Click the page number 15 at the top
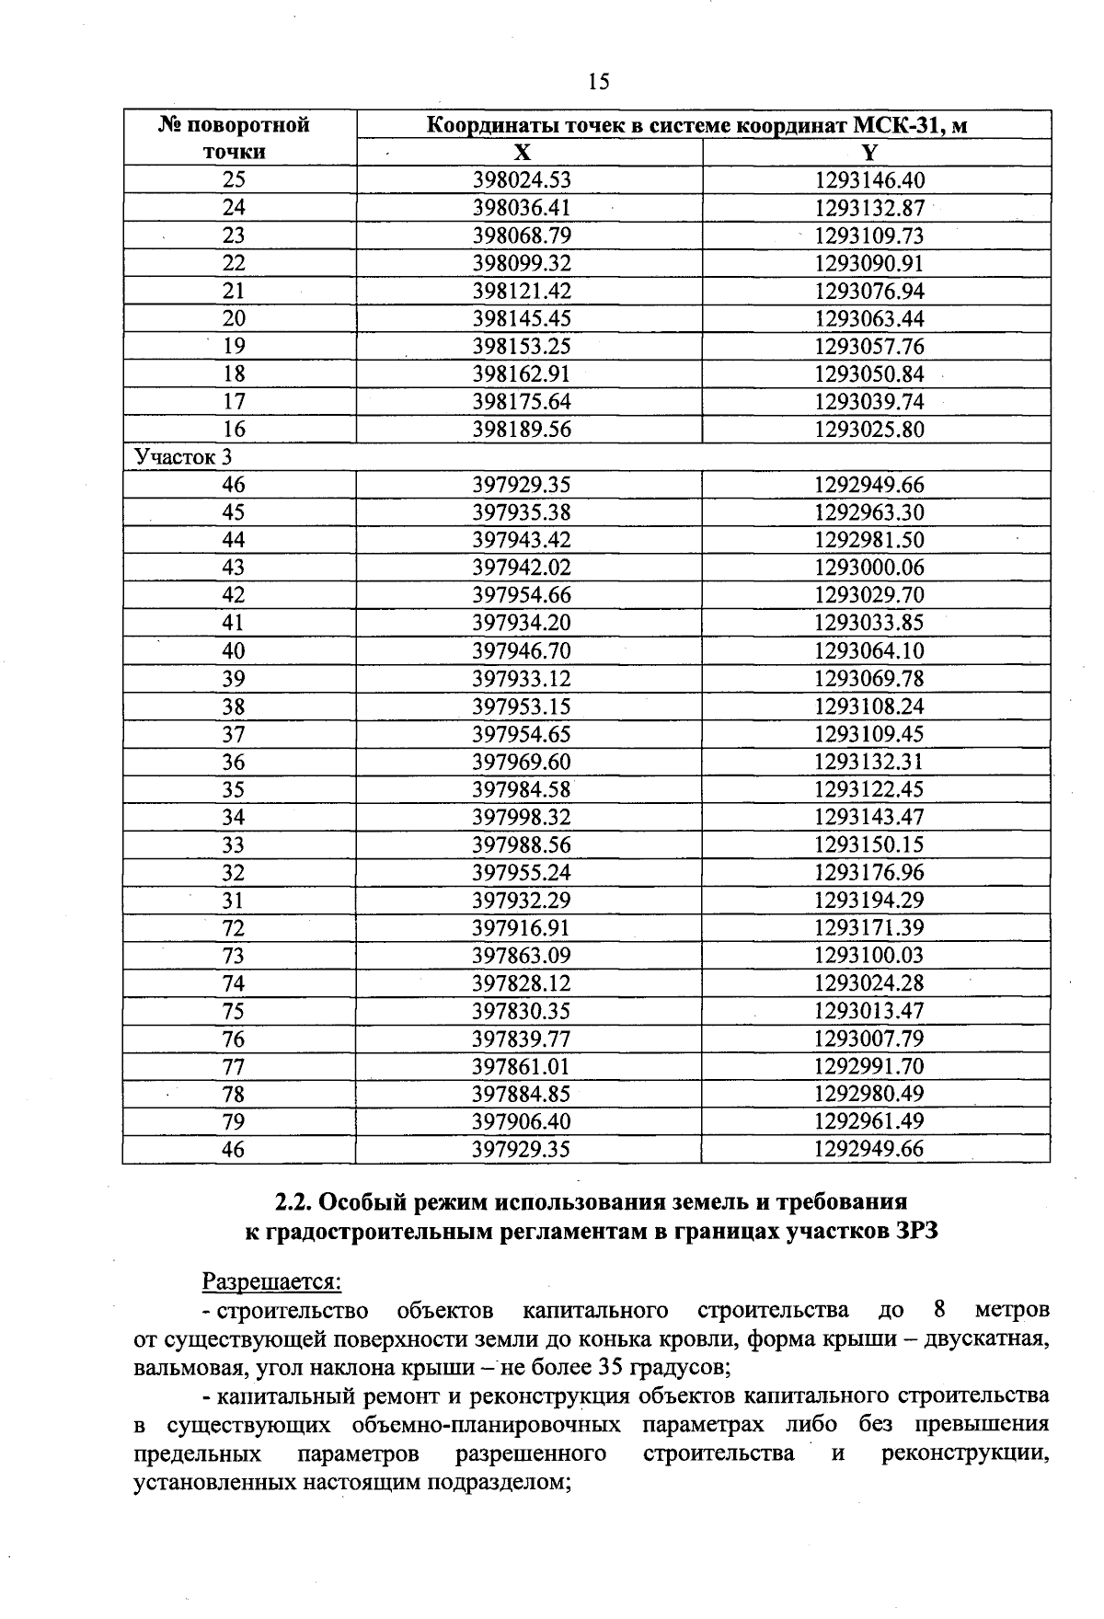click(598, 83)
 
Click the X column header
click(522, 153)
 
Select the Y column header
click(870, 153)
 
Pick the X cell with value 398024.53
click(522, 180)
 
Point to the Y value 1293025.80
click(869, 430)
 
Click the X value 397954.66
click(522, 595)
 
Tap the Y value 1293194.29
click(869, 901)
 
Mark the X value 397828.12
click(522, 983)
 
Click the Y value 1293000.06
click(869, 568)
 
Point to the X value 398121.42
click(522, 292)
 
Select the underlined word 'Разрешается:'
click(271, 1281)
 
